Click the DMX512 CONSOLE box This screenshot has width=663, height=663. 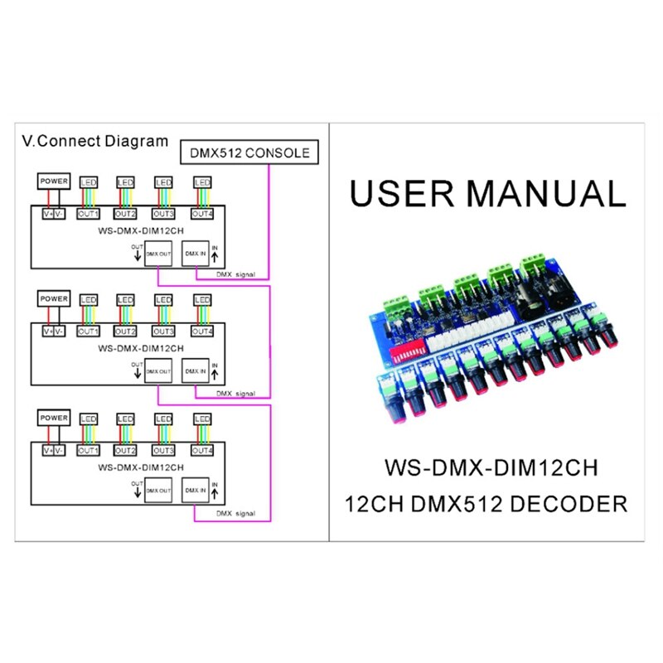pos(249,152)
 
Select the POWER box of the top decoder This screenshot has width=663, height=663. pos(54,181)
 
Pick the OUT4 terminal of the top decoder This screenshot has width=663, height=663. pos(202,215)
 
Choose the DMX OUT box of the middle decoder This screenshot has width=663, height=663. pos(157,372)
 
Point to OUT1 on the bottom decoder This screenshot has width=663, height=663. pos(87,451)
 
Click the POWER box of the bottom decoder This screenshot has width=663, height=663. pos(54,418)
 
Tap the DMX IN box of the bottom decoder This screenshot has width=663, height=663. pos(196,491)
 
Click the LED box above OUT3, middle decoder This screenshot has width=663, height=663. pos(163,299)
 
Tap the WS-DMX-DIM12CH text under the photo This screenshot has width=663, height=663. pos(491,468)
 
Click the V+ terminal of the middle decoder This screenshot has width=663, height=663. pos(47,332)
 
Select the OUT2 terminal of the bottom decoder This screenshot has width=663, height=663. pos(125,451)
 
